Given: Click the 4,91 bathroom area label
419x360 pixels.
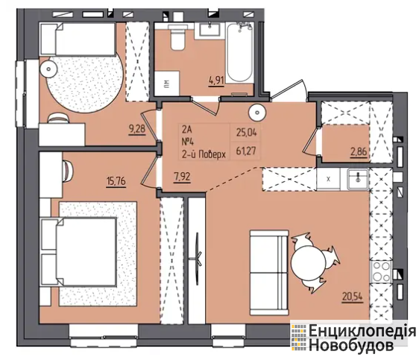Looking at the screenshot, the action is coord(216,80).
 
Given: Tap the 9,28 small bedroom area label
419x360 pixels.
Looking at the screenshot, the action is coord(137,129).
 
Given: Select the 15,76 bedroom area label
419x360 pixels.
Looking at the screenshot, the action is coord(116,181).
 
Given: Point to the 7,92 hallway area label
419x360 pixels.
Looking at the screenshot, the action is coord(182,177).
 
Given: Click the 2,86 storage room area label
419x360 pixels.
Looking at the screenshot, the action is coord(359,152).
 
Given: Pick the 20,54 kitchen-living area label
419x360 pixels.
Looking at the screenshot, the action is coord(353,297).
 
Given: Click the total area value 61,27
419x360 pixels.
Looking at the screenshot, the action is coord(246,151).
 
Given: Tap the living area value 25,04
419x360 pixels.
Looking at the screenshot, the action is coord(246,132).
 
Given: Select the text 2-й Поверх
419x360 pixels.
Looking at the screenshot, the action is coord(204,154).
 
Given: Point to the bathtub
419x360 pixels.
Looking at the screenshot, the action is coord(240,52).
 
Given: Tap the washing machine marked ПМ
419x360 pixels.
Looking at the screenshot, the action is coord(167,83).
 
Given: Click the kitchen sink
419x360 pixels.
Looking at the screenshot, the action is coord(358,178).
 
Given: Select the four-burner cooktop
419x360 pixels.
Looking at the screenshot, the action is coord(381,271).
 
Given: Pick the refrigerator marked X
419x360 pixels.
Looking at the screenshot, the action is coord(328,179).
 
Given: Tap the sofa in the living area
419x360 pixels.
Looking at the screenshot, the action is coord(269,273).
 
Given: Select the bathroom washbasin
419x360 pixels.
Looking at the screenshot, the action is coord(210,29).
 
